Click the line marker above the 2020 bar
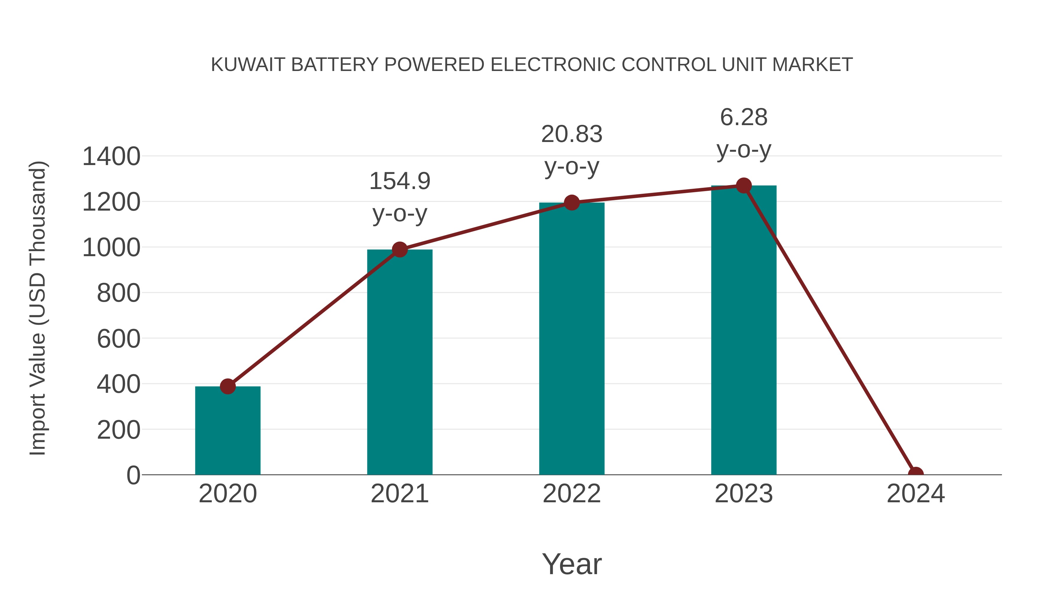pyautogui.click(x=228, y=386)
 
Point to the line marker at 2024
pyautogui.click(x=915, y=474)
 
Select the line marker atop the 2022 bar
pyautogui.click(x=571, y=203)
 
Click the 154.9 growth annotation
pyautogui.click(x=399, y=181)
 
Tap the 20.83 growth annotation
pyautogui.click(x=571, y=134)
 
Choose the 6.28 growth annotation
pyautogui.click(x=744, y=117)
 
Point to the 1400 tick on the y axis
pyautogui.click(x=111, y=157)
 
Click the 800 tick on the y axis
pyautogui.click(x=119, y=293)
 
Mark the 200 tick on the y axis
pyautogui.click(x=119, y=430)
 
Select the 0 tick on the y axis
pyautogui.click(x=133, y=475)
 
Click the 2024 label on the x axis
pyautogui.click(x=915, y=494)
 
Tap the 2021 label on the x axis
pyautogui.click(x=399, y=494)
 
